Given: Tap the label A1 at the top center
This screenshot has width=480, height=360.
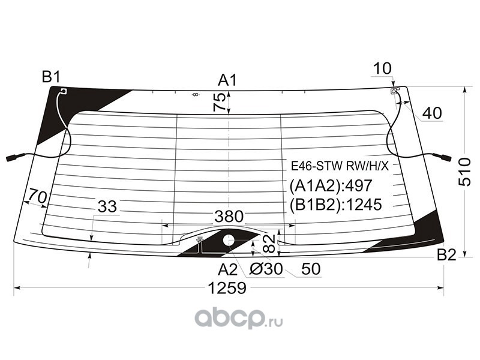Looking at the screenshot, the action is pyautogui.click(x=227, y=80).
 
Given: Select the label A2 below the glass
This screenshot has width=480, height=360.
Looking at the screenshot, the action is pyautogui.click(x=228, y=269).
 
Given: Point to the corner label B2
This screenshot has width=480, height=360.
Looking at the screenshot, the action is pyautogui.click(x=446, y=254).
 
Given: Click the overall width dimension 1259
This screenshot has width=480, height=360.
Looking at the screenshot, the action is pyautogui.click(x=227, y=288).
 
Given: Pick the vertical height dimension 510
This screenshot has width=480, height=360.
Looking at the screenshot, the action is pyautogui.click(x=464, y=172).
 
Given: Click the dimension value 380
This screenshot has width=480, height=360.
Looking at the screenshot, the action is pyautogui.click(x=229, y=217).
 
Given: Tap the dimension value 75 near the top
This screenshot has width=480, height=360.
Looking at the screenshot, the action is pyautogui.click(x=220, y=101).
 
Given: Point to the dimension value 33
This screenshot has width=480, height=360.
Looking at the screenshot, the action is pyautogui.click(x=107, y=206).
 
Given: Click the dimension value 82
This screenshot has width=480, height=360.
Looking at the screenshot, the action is pyautogui.click(x=269, y=244).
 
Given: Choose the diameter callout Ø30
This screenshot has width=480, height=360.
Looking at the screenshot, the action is pyautogui.click(x=266, y=269).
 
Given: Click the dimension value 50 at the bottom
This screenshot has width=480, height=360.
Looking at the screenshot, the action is pyautogui.click(x=311, y=269).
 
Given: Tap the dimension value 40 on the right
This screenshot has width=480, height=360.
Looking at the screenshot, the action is pyautogui.click(x=432, y=113).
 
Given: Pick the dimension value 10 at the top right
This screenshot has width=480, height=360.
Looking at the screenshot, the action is pyautogui.click(x=382, y=68).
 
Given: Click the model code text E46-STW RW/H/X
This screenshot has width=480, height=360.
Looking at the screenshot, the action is pyautogui.click(x=340, y=167).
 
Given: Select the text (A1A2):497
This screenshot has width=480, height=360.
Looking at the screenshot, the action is pyautogui.click(x=331, y=185).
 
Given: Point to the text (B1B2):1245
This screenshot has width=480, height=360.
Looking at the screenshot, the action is pyautogui.click(x=336, y=205).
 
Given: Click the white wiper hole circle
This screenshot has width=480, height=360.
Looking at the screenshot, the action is pyautogui.click(x=228, y=240).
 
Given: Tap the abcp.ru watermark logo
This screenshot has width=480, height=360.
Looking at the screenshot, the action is pyautogui.click(x=239, y=319).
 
